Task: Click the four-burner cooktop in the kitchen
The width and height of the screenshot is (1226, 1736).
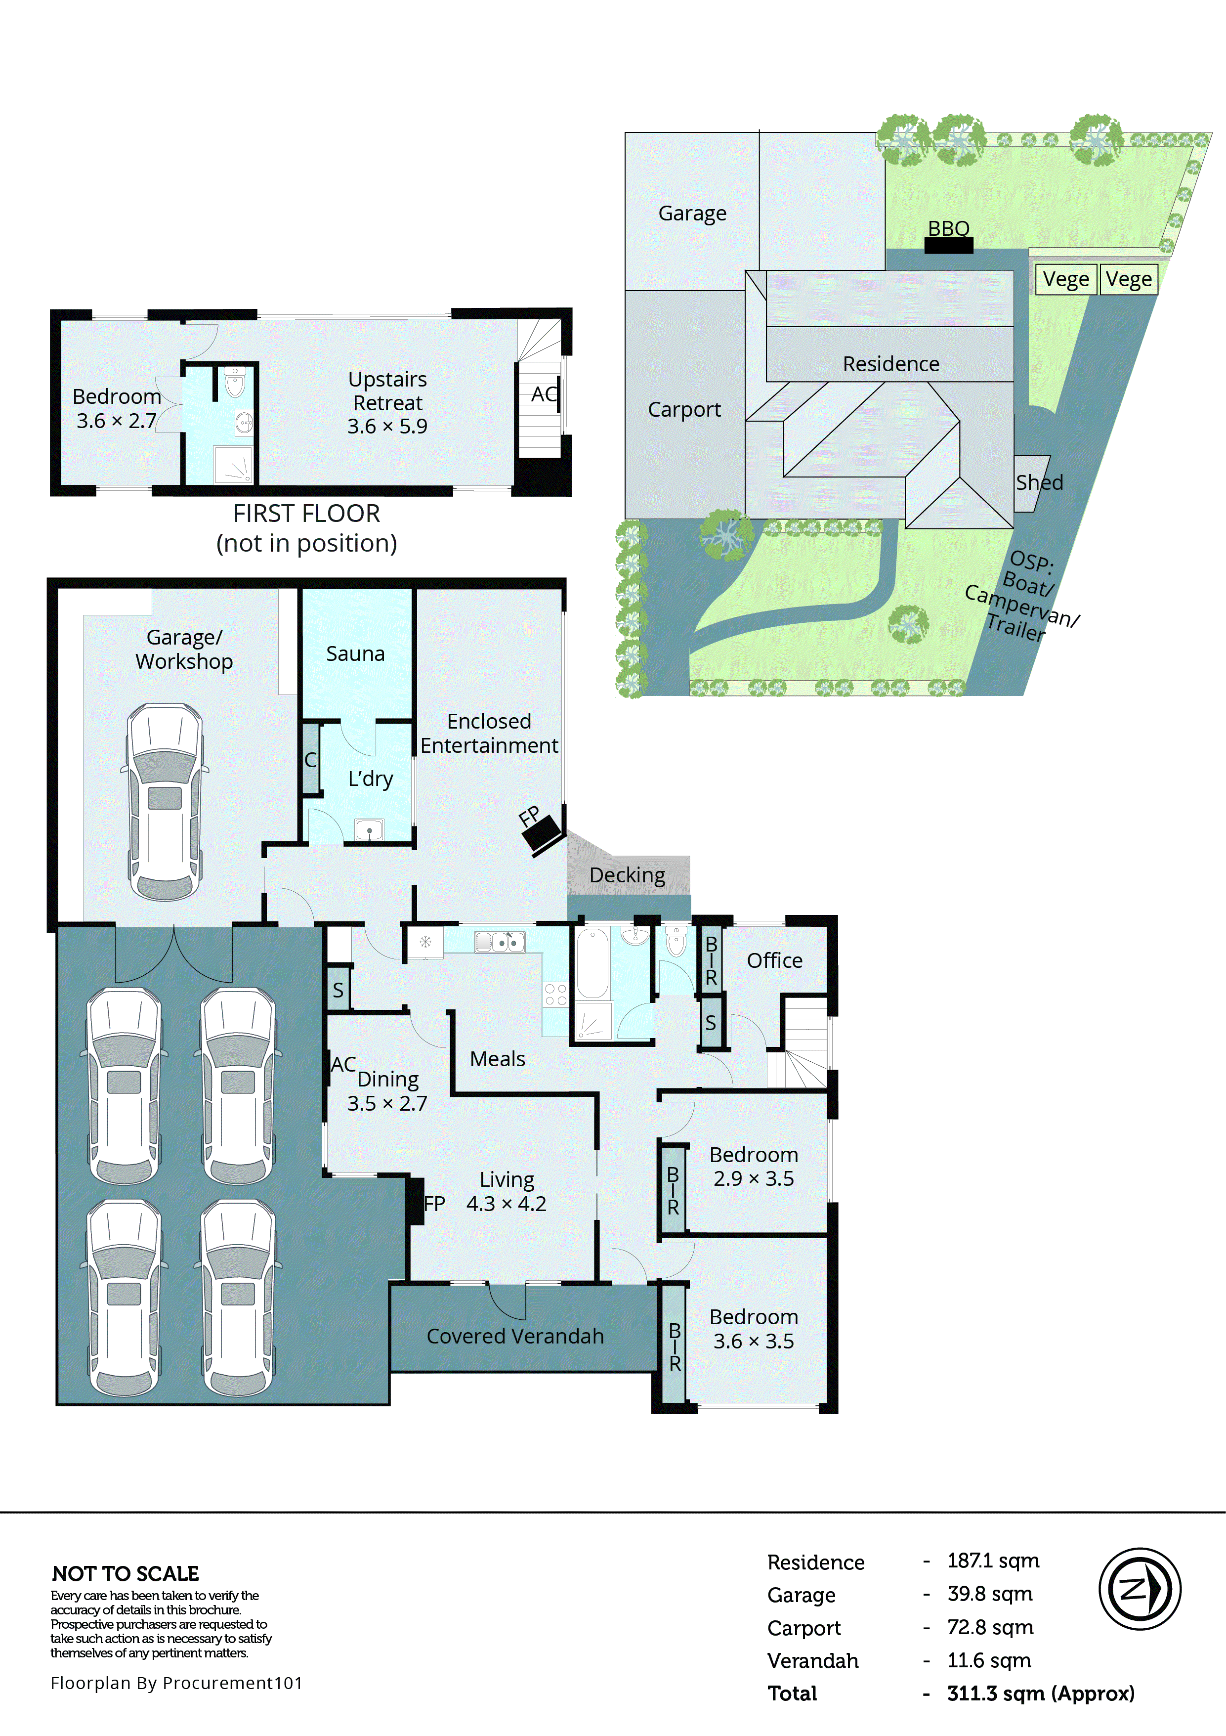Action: click(x=555, y=994)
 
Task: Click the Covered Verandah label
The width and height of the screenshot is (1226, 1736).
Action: click(x=515, y=1336)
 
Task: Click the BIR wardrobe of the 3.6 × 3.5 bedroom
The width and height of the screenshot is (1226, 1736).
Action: click(x=674, y=1346)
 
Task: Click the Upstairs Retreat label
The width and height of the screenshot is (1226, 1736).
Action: click(x=387, y=391)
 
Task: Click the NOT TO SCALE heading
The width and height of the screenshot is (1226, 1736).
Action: click(x=126, y=1573)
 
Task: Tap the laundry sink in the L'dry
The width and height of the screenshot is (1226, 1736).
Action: click(x=369, y=830)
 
